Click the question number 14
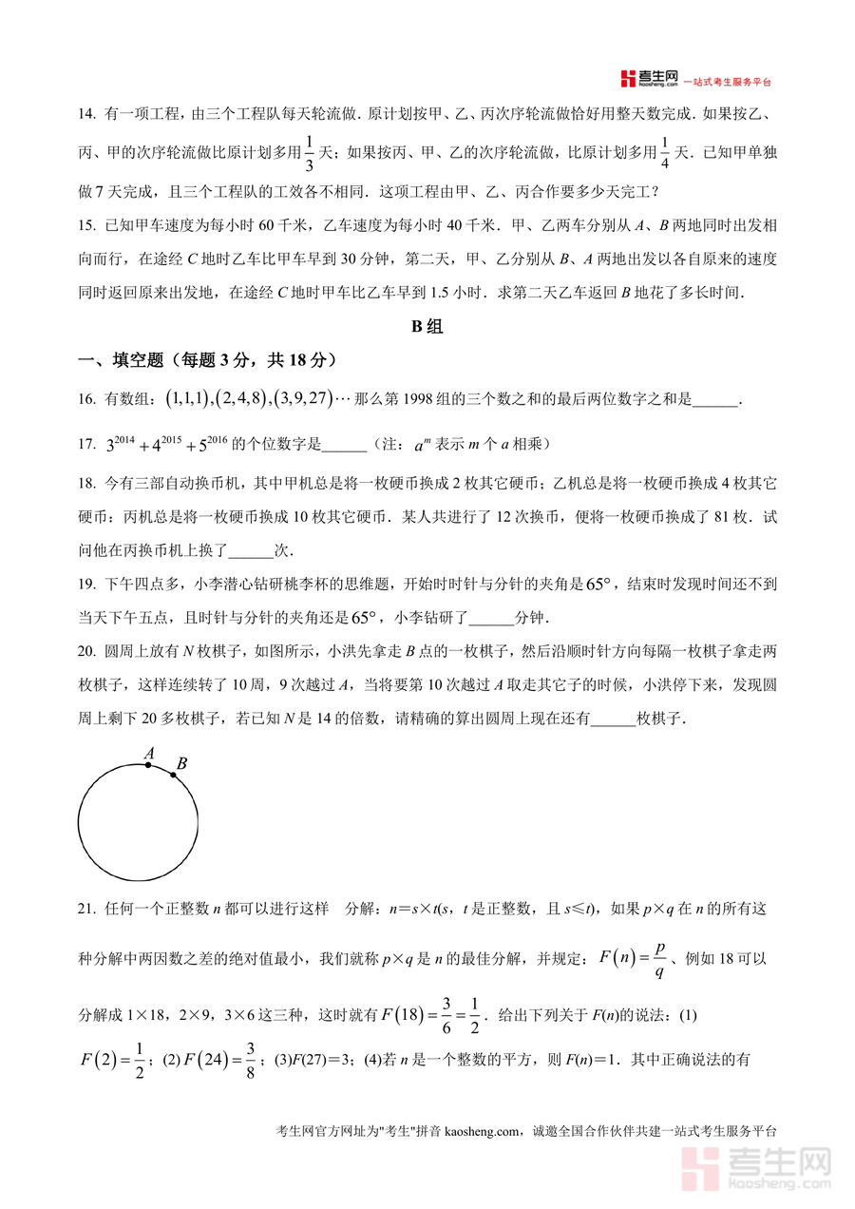click(x=86, y=115)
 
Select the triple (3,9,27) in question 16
click(x=302, y=400)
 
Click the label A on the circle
click(x=149, y=754)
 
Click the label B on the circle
click(x=181, y=763)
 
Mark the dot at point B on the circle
click(x=174, y=776)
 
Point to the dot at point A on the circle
click(x=148, y=764)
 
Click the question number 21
click(x=86, y=910)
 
